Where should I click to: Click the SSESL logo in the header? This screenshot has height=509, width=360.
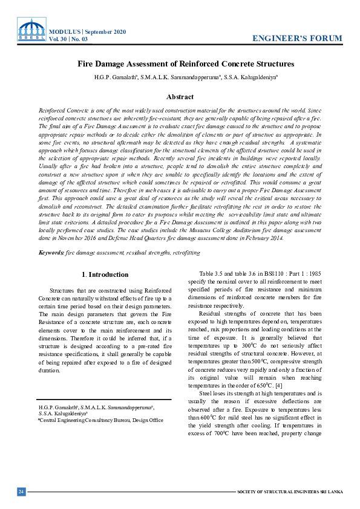click(31, 30)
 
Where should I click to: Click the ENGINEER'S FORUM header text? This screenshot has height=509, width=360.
click(297, 39)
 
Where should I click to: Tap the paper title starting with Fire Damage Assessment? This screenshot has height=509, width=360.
click(186, 63)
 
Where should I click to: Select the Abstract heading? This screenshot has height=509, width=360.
click(180, 97)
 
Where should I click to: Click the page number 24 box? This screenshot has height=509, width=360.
click(21, 491)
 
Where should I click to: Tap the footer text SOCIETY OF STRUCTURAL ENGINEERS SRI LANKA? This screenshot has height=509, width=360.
click(290, 491)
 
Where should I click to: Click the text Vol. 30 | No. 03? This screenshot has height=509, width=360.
click(68, 39)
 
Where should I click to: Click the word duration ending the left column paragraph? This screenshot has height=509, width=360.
click(50, 369)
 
